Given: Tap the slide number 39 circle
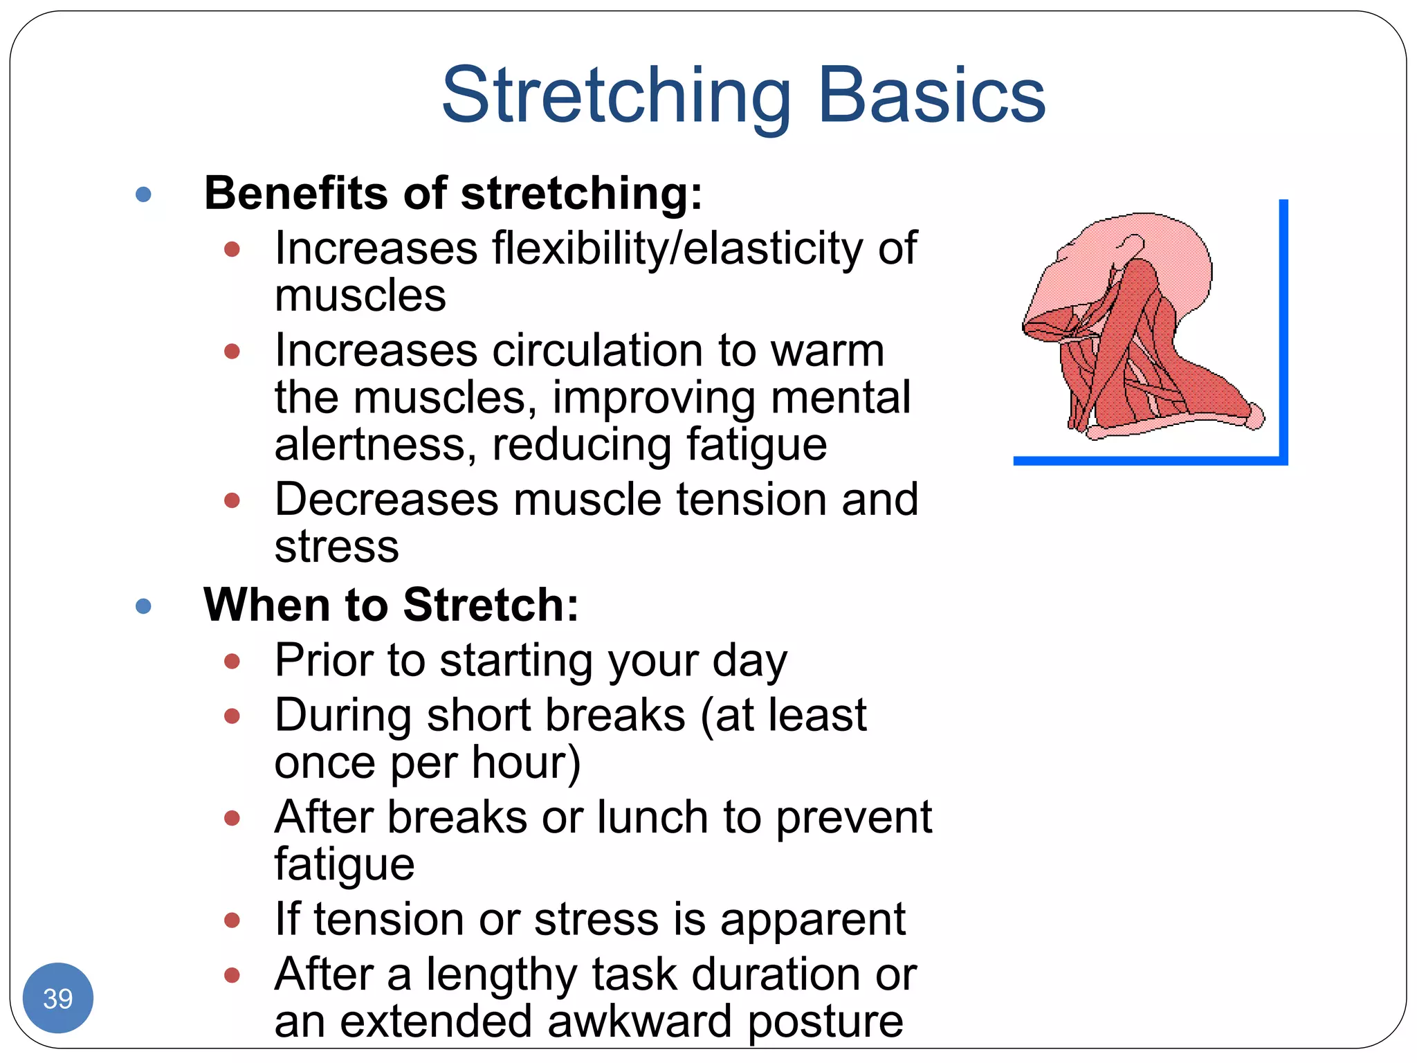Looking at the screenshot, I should point(58,998).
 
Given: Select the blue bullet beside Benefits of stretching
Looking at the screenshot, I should point(144,194).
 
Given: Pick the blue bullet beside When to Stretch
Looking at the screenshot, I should point(144,607).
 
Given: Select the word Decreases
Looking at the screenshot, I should point(386,499).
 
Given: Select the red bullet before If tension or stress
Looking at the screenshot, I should point(232,920).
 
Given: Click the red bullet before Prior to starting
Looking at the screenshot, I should point(232,662).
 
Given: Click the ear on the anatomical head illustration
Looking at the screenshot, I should point(1133,246).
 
